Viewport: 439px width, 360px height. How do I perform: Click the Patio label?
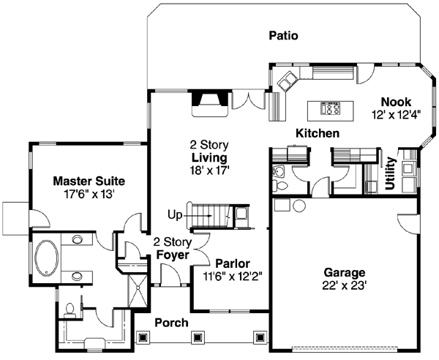click(283, 35)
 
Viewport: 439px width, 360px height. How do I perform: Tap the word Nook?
click(397, 102)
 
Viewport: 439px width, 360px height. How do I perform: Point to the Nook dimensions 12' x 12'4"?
click(395, 115)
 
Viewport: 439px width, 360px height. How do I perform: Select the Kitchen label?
click(317, 134)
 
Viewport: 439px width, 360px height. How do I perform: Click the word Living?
click(209, 157)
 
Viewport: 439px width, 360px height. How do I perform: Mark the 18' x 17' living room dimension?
click(209, 170)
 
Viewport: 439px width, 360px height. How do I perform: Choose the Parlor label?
click(233, 263)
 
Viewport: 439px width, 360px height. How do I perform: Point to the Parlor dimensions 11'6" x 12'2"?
click(233, 277)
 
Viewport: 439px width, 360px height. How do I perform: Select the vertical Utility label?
click(391, 174)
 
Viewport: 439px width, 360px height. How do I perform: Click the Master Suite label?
click(89, 181)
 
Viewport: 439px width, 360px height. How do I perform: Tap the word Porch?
click(171, 323)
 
